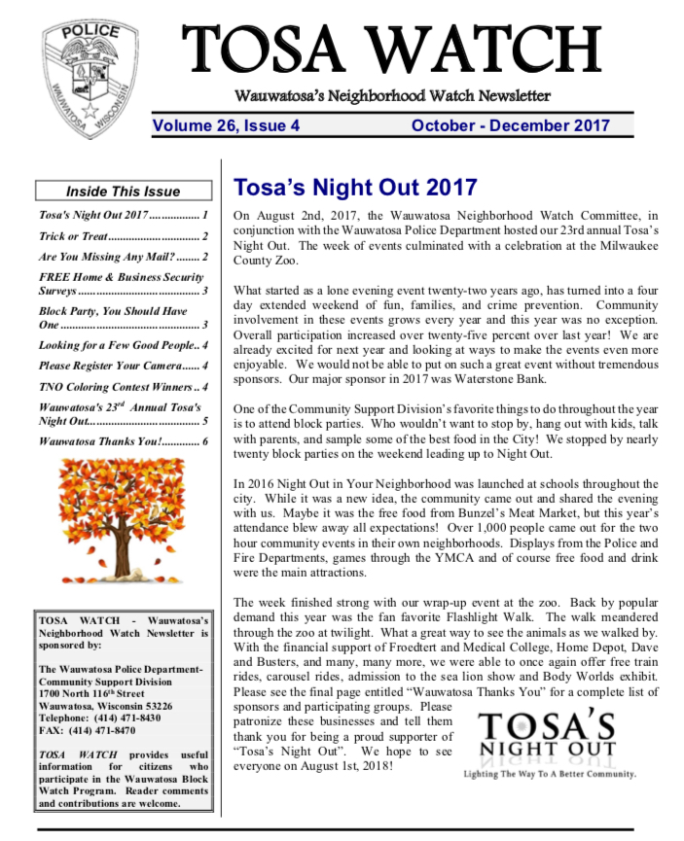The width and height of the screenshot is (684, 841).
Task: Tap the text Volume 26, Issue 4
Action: pos(226,125)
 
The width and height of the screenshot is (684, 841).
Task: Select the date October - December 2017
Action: pos(510,125)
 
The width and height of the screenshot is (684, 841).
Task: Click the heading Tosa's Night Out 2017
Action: pos(355,188)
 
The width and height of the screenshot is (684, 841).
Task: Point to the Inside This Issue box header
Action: pos(123,192)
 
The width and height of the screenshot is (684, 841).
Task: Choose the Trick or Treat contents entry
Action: pos(123,235)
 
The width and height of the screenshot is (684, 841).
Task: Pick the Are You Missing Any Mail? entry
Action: pos(123,258)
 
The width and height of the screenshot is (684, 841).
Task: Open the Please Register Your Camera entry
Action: pos(123,366)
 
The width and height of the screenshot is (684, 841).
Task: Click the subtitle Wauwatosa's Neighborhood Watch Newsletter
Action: pos(392,96)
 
